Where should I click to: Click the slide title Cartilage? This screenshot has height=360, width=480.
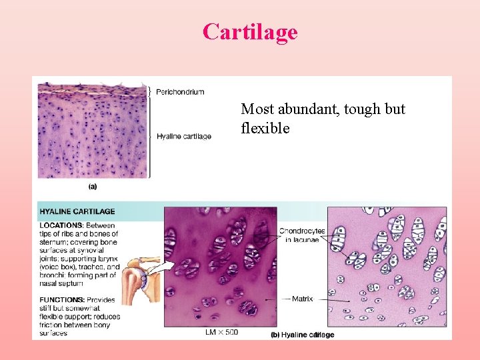click(x=250, y=31)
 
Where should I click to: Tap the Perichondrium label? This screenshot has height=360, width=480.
click(x=180, y=91)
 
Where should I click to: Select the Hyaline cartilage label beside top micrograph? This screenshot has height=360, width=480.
click(x=184, y=137)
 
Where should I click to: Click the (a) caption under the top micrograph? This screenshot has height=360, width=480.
click(x=93, y=187)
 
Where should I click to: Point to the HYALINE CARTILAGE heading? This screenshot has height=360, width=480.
click(x=77, y=211)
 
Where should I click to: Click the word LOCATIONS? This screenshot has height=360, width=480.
click(x=61, y=225)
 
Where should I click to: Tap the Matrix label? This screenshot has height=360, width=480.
click(x=303, y=299)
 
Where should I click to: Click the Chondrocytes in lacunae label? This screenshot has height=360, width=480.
click(x=302, y=235)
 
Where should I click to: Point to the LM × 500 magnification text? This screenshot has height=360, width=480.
click(x=221, y=332)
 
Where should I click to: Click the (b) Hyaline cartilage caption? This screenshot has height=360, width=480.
click(x=303, y=335)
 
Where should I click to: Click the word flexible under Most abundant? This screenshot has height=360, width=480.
click(x=265, y=128)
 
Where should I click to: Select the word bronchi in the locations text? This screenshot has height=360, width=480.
click(x=55, y=275)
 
